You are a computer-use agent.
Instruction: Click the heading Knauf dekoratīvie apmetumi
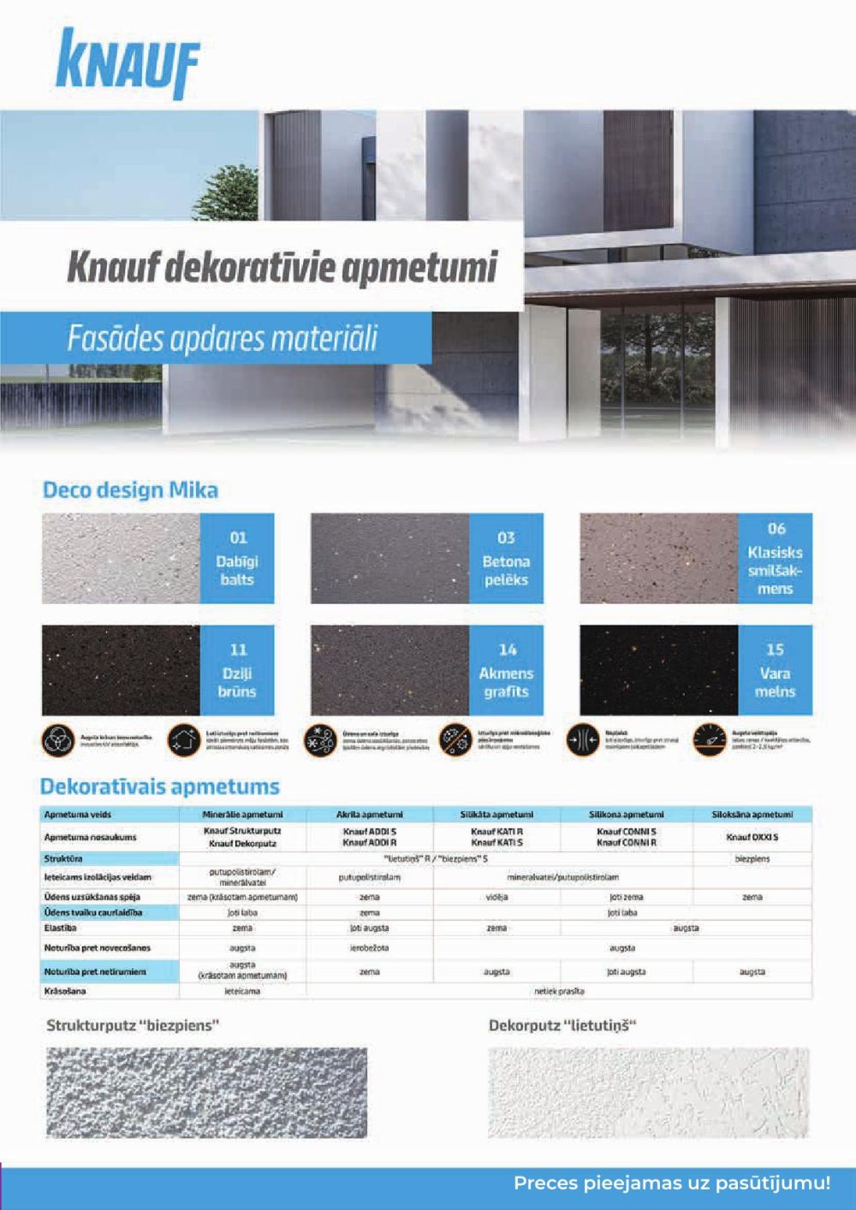[x=282, y=268]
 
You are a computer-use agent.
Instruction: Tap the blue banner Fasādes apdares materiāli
[x=222, y=338]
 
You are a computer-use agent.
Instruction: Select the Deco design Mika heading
[x=130, y=490]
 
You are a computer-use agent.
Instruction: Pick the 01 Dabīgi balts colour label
[x=238, y=559]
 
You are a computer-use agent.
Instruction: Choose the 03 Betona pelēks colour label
[x=506, y=559]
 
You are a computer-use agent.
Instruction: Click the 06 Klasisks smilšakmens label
[x=775, y=559]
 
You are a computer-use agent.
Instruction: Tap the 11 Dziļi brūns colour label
[x=238, y=671]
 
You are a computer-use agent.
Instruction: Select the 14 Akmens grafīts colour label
[x=506, y=671]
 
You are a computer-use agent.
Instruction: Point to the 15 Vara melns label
[x=775, y=671]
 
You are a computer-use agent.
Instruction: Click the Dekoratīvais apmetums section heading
[x=160, y=786]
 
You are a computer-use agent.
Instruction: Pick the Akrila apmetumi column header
[x=370, y=815]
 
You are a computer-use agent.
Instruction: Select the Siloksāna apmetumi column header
[x=752, y=815]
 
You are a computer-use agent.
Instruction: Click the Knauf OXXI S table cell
[x=752, y=837]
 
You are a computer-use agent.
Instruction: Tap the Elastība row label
[x=61, y=928]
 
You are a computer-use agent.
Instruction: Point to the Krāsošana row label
[x=65, y=991]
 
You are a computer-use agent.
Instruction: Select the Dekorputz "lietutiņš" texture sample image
[x=648, y=1092]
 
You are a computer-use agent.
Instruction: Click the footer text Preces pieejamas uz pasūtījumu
[x=672, y=1184]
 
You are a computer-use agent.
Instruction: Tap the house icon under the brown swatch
[x=181, y=740]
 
